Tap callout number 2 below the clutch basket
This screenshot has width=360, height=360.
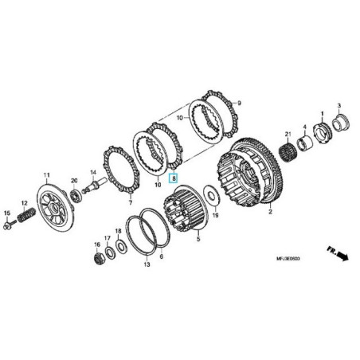click(270, 213)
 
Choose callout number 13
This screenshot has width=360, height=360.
click(147, 264)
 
